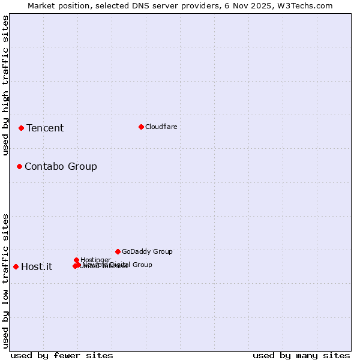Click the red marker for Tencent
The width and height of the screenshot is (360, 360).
point(21,128)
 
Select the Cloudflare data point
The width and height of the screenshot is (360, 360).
point(141,127)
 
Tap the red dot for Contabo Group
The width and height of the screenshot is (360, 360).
point(19,166)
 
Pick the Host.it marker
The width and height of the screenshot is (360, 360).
point(16,266)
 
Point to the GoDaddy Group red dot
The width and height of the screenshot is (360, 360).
point(118,251)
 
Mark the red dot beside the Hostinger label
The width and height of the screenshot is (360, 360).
point(76,260)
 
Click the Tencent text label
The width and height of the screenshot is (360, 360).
point(45,128)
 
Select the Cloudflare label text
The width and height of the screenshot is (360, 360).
point(161,127)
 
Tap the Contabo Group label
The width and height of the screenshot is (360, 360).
point(61,166)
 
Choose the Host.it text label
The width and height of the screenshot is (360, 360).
point(37,266)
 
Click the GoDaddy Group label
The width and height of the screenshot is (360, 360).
point(147,251)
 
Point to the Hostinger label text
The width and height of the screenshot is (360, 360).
point(95,260)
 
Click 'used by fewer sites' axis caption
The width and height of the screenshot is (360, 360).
point(62,355)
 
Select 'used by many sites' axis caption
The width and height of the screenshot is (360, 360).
point(301,355)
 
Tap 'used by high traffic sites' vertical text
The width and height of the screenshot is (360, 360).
point(6,85)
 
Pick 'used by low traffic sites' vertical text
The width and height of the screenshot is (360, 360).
point(6,281)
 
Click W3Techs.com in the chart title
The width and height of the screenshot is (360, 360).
point(307,5)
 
